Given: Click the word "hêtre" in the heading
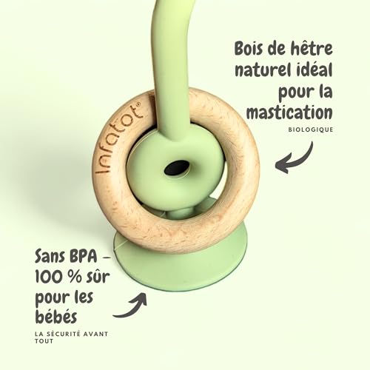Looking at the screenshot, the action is pos(311,48).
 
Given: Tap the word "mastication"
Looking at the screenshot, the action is pos(289,112).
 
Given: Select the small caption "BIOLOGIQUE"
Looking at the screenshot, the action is pos(311,129).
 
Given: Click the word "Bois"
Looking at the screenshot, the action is pos(248,48).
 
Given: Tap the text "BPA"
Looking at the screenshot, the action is pos(84,257).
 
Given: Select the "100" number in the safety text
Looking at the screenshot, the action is pos(49,277).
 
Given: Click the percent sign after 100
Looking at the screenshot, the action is pos(75,277).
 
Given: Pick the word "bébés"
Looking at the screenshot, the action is pos(56,316).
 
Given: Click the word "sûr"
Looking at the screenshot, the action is pos(98,276).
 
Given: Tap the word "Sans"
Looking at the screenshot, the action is pos(50,257).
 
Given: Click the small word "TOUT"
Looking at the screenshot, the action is pos(44,341).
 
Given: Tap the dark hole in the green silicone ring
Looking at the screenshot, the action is pos(176,168).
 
